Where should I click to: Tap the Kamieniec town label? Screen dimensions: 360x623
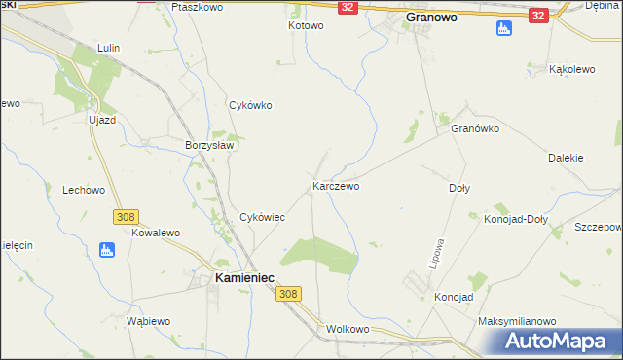point(237,278)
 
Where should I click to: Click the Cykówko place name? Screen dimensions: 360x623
point(249,105)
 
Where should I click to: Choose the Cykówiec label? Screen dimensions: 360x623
point(262,217)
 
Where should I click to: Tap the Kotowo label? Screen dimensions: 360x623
point(306,25)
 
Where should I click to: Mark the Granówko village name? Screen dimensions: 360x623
point(475,128)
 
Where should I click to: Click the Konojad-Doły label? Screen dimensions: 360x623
point(516,219)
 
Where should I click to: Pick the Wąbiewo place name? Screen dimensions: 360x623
point(149,320)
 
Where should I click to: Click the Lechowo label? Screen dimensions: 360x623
point(83,190)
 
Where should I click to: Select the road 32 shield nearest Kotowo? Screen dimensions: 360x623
point(348,7)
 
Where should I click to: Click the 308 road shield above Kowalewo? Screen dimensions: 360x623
point(125,216)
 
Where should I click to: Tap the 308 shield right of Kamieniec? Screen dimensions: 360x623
point(287,293)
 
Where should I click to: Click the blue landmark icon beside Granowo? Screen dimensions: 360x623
point(502,29)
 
